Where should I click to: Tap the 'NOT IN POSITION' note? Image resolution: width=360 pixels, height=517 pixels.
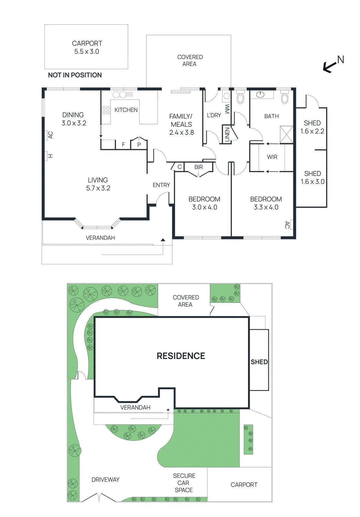[x=75, y=75]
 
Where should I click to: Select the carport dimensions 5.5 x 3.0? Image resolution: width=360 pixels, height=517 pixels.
[x=87, y=51]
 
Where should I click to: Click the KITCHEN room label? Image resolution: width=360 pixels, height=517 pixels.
[x=126, y=110]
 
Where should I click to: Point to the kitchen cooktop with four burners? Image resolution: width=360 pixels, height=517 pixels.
[x=106, y=110]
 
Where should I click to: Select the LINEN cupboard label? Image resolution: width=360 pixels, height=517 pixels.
[x=227, y=134]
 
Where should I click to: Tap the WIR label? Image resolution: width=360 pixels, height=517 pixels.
[x=272, y=157]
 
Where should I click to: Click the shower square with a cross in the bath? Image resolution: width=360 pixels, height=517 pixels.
[x=286, y=135]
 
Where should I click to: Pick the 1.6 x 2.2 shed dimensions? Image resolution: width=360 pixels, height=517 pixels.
[x=312, y=131]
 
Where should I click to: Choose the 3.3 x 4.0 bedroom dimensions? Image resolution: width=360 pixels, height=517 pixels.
[x=266, y=207]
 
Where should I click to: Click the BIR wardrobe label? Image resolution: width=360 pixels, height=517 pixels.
[x=199, y=167]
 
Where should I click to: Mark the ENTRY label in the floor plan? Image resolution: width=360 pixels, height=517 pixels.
[x=161, y=185]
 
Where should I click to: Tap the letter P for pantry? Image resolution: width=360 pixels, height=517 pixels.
[x=139, y=145]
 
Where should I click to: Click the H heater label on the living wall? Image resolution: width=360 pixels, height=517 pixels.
[x=50, y=156]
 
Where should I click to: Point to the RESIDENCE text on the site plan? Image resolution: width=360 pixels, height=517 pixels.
[x=180, y=356]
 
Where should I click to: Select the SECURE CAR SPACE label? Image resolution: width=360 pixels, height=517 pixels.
[x=184, y=483]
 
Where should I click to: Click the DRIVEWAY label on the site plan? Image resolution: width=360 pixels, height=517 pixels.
[x=105, y=480]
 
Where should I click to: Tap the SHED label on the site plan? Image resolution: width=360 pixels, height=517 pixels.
[x=259, y=362]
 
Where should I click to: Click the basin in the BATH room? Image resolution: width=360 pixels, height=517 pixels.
[x=260, y=94]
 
